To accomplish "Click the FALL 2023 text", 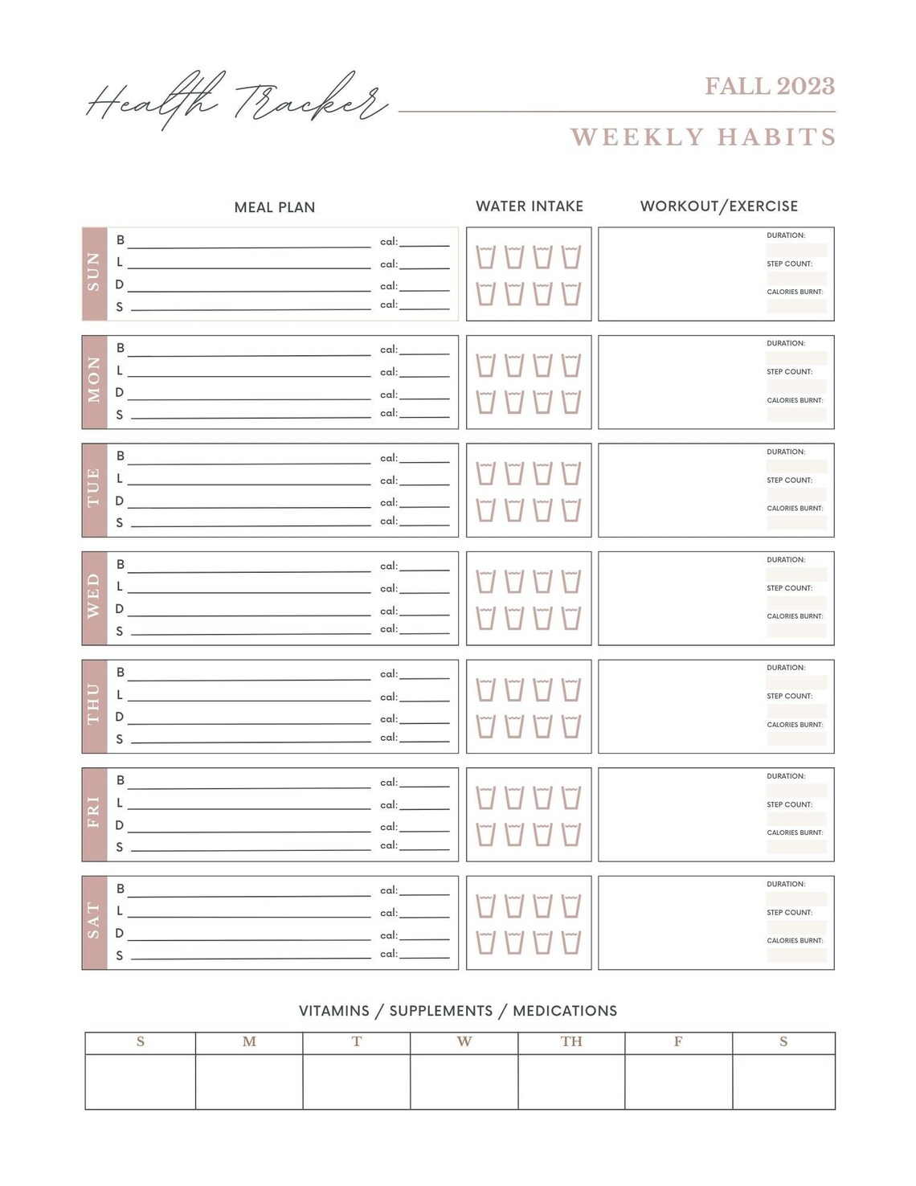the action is coord(770,86).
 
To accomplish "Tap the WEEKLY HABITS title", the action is coord(703,137).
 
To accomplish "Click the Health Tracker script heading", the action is coord(236,102).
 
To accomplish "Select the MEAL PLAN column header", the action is coord(274,207).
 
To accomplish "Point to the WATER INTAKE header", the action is coord(530,207).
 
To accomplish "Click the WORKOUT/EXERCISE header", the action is coord(718,207).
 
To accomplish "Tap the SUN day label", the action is coord(94,273).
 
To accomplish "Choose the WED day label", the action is coord(94,598).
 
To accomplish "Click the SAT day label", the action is coord(94,922).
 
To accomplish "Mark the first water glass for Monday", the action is coord(485,366).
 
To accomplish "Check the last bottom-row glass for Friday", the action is coord(571,834).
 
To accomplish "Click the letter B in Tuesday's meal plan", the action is coord(121,456).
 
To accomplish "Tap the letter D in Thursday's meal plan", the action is coord(120,717).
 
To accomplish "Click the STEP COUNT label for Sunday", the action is coord(789,264).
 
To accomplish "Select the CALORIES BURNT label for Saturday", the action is coord(795,940).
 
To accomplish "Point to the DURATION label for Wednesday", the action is coord(786,559).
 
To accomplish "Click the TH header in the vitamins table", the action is coord(571,1041).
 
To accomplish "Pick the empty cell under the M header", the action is coord(249,1081).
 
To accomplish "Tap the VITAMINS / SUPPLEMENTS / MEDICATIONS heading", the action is coord(458,1011).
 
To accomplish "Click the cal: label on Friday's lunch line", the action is coord(389,804).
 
